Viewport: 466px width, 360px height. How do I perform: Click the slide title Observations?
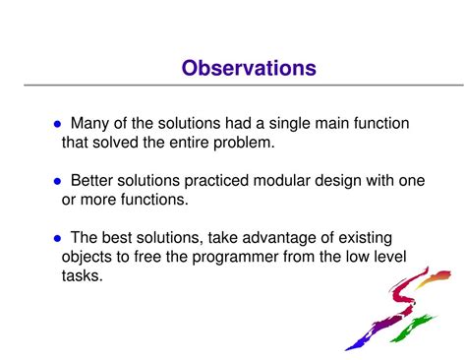click(249, 68)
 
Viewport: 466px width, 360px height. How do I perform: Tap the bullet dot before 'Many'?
click(56, 125)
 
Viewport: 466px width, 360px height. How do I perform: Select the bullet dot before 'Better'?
click(56, 181)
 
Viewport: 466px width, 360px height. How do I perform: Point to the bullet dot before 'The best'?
click(56, 237)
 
